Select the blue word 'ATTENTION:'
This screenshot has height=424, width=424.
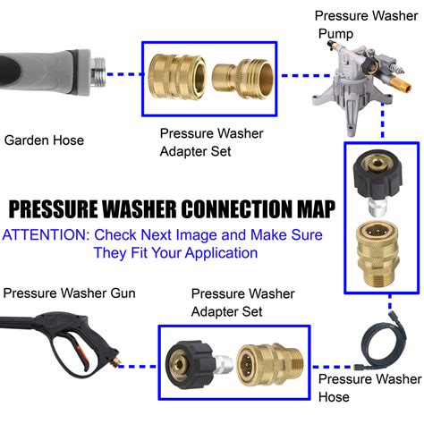44,235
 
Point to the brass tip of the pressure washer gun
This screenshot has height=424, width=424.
114,365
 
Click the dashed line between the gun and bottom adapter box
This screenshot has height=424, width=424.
139,365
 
